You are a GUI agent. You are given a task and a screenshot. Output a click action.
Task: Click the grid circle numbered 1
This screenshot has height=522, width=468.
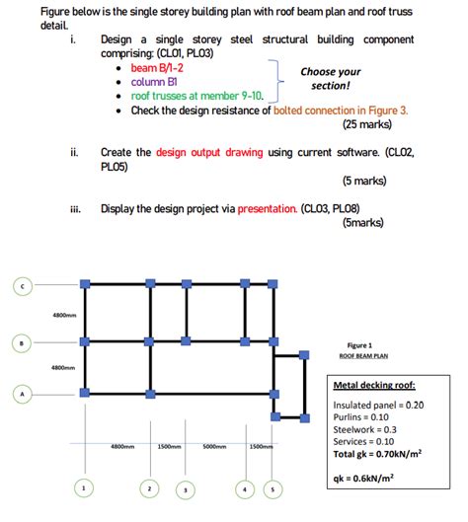click(85, 487)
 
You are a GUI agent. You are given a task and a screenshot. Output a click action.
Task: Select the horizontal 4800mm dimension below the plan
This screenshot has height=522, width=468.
click(122, 446)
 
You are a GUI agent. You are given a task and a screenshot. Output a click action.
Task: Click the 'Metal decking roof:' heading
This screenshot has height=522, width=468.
click(374, 386)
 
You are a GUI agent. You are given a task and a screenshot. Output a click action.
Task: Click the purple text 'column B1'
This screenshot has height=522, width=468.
click(156, 82)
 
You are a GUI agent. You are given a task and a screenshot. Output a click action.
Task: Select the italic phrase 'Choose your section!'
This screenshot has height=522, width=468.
click(331, 79)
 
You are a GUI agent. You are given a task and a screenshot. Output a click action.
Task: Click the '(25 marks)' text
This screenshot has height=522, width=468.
click(367, 124)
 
